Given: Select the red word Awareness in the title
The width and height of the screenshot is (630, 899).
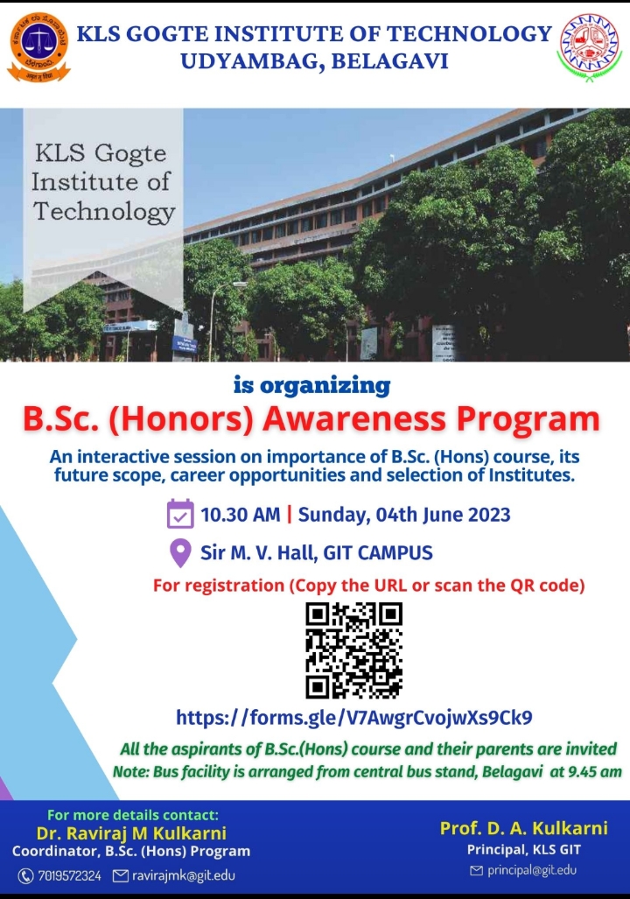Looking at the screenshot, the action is point(354,419).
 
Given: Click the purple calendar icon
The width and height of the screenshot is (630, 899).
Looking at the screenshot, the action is point(180,514).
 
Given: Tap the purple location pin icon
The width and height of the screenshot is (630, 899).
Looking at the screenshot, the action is point(180,553).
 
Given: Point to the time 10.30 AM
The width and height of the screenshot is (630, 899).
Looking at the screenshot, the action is point(241,515).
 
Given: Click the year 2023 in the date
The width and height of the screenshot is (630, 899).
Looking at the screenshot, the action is point(489,515).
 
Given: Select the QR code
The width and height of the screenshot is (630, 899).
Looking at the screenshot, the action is point(353,650).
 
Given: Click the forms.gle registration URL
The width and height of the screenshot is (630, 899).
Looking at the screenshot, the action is point(353,717).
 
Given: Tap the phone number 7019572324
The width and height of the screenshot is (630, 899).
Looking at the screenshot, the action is point(69,875).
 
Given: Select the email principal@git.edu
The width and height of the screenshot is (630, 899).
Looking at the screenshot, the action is point(531,870).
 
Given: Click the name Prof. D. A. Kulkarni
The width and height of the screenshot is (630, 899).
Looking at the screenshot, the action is point(524,828).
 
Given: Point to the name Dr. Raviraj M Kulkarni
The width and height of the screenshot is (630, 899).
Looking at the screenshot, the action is point(131,832).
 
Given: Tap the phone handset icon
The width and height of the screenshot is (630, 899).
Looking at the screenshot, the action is point(25,876).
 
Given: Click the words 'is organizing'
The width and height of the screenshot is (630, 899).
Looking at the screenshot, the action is point(311,385).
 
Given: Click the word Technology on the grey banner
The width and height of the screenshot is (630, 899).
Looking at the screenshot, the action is point(104,212).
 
